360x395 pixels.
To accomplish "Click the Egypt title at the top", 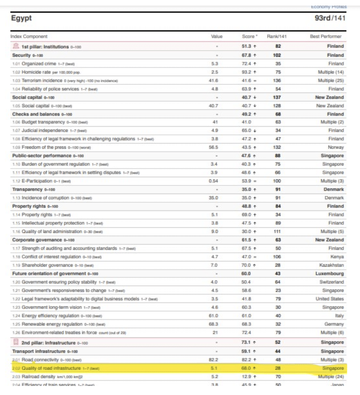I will (22, 19).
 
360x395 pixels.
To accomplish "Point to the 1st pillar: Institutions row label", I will (44, 46).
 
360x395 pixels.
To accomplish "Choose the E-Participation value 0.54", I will (215, 182).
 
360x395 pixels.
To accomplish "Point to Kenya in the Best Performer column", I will (337, 257).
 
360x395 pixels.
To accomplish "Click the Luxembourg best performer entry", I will (330, 274).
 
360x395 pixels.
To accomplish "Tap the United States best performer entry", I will (330, 299).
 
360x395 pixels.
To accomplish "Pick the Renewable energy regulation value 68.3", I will (215, 324).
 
